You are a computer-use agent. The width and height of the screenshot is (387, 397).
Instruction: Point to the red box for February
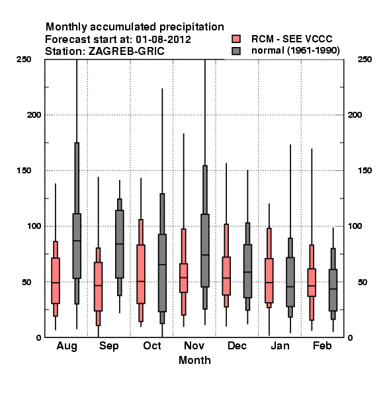pyautogui.click(x=312, y=283)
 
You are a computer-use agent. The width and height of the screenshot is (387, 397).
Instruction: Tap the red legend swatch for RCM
pyautogui.click(x=236, y=39)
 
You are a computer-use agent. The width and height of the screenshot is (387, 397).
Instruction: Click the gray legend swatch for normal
pyautogui.click(x=236, y=51)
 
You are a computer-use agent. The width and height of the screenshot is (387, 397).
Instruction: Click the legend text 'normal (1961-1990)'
pyautogui.click(x=295, y=51)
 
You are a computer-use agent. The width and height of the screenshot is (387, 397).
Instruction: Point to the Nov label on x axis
pyautogui.click(x=194, y=345)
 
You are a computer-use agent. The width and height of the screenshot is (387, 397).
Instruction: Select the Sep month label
pyautogui.click(x=109, y=346)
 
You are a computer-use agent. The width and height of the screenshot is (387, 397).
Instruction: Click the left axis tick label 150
pyautogui.click(x=24, y=171)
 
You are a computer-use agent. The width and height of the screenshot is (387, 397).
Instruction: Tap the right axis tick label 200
pyautogui.click(x=355, y=114)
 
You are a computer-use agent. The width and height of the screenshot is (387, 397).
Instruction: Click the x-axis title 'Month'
pyautogui.click(x=194, y=360)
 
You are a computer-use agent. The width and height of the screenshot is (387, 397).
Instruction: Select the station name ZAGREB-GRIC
pyautogui.click(x=126, y=51)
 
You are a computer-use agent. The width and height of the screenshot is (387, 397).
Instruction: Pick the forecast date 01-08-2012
pyautogui.click(x=163, y=39)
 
